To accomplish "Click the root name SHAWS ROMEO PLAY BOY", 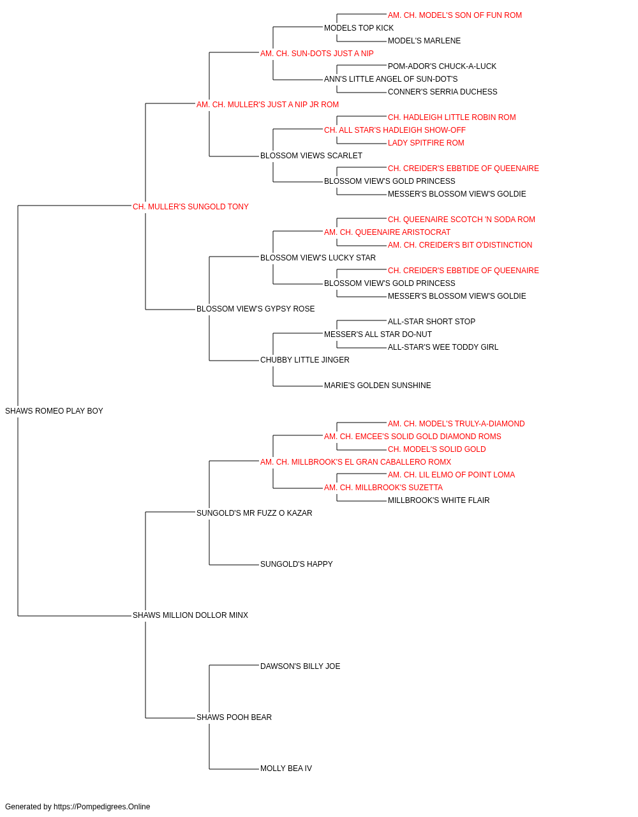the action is (54, 411).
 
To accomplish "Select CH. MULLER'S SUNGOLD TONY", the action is (191, 207).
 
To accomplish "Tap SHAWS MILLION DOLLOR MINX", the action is (190, 615).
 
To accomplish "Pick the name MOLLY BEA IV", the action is (286, 768).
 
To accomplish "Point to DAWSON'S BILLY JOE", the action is (300, 666).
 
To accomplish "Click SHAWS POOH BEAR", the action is (234, 717).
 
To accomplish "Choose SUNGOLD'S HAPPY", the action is (297, 564).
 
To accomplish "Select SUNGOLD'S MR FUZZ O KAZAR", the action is (255, 513).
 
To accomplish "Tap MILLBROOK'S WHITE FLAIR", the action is (438, 500).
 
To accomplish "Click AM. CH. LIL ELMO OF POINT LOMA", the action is (451, 475).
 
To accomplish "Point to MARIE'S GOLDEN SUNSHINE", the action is (378, 386).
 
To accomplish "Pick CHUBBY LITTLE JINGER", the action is (305, 360).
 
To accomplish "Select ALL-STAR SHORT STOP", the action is (431, 322).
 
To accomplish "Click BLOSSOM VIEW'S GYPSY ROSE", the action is (255, 309).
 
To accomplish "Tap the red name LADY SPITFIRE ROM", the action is (426, 143).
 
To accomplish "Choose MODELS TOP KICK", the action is (359, 28).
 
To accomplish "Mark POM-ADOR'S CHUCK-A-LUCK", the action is (442, 66).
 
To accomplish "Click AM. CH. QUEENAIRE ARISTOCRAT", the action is (387, 232).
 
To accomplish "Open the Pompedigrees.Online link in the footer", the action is (102, 807).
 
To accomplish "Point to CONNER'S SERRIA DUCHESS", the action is (442, 92).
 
